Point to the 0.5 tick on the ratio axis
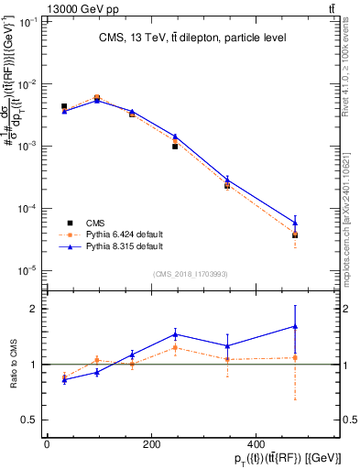[x=30, y=420]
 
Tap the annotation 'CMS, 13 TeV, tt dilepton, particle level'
[x=192, y=38]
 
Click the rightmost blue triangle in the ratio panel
[x=295, y=326]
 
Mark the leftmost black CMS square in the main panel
[x=64, y=107]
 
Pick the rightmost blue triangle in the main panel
[x=295, y=222]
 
